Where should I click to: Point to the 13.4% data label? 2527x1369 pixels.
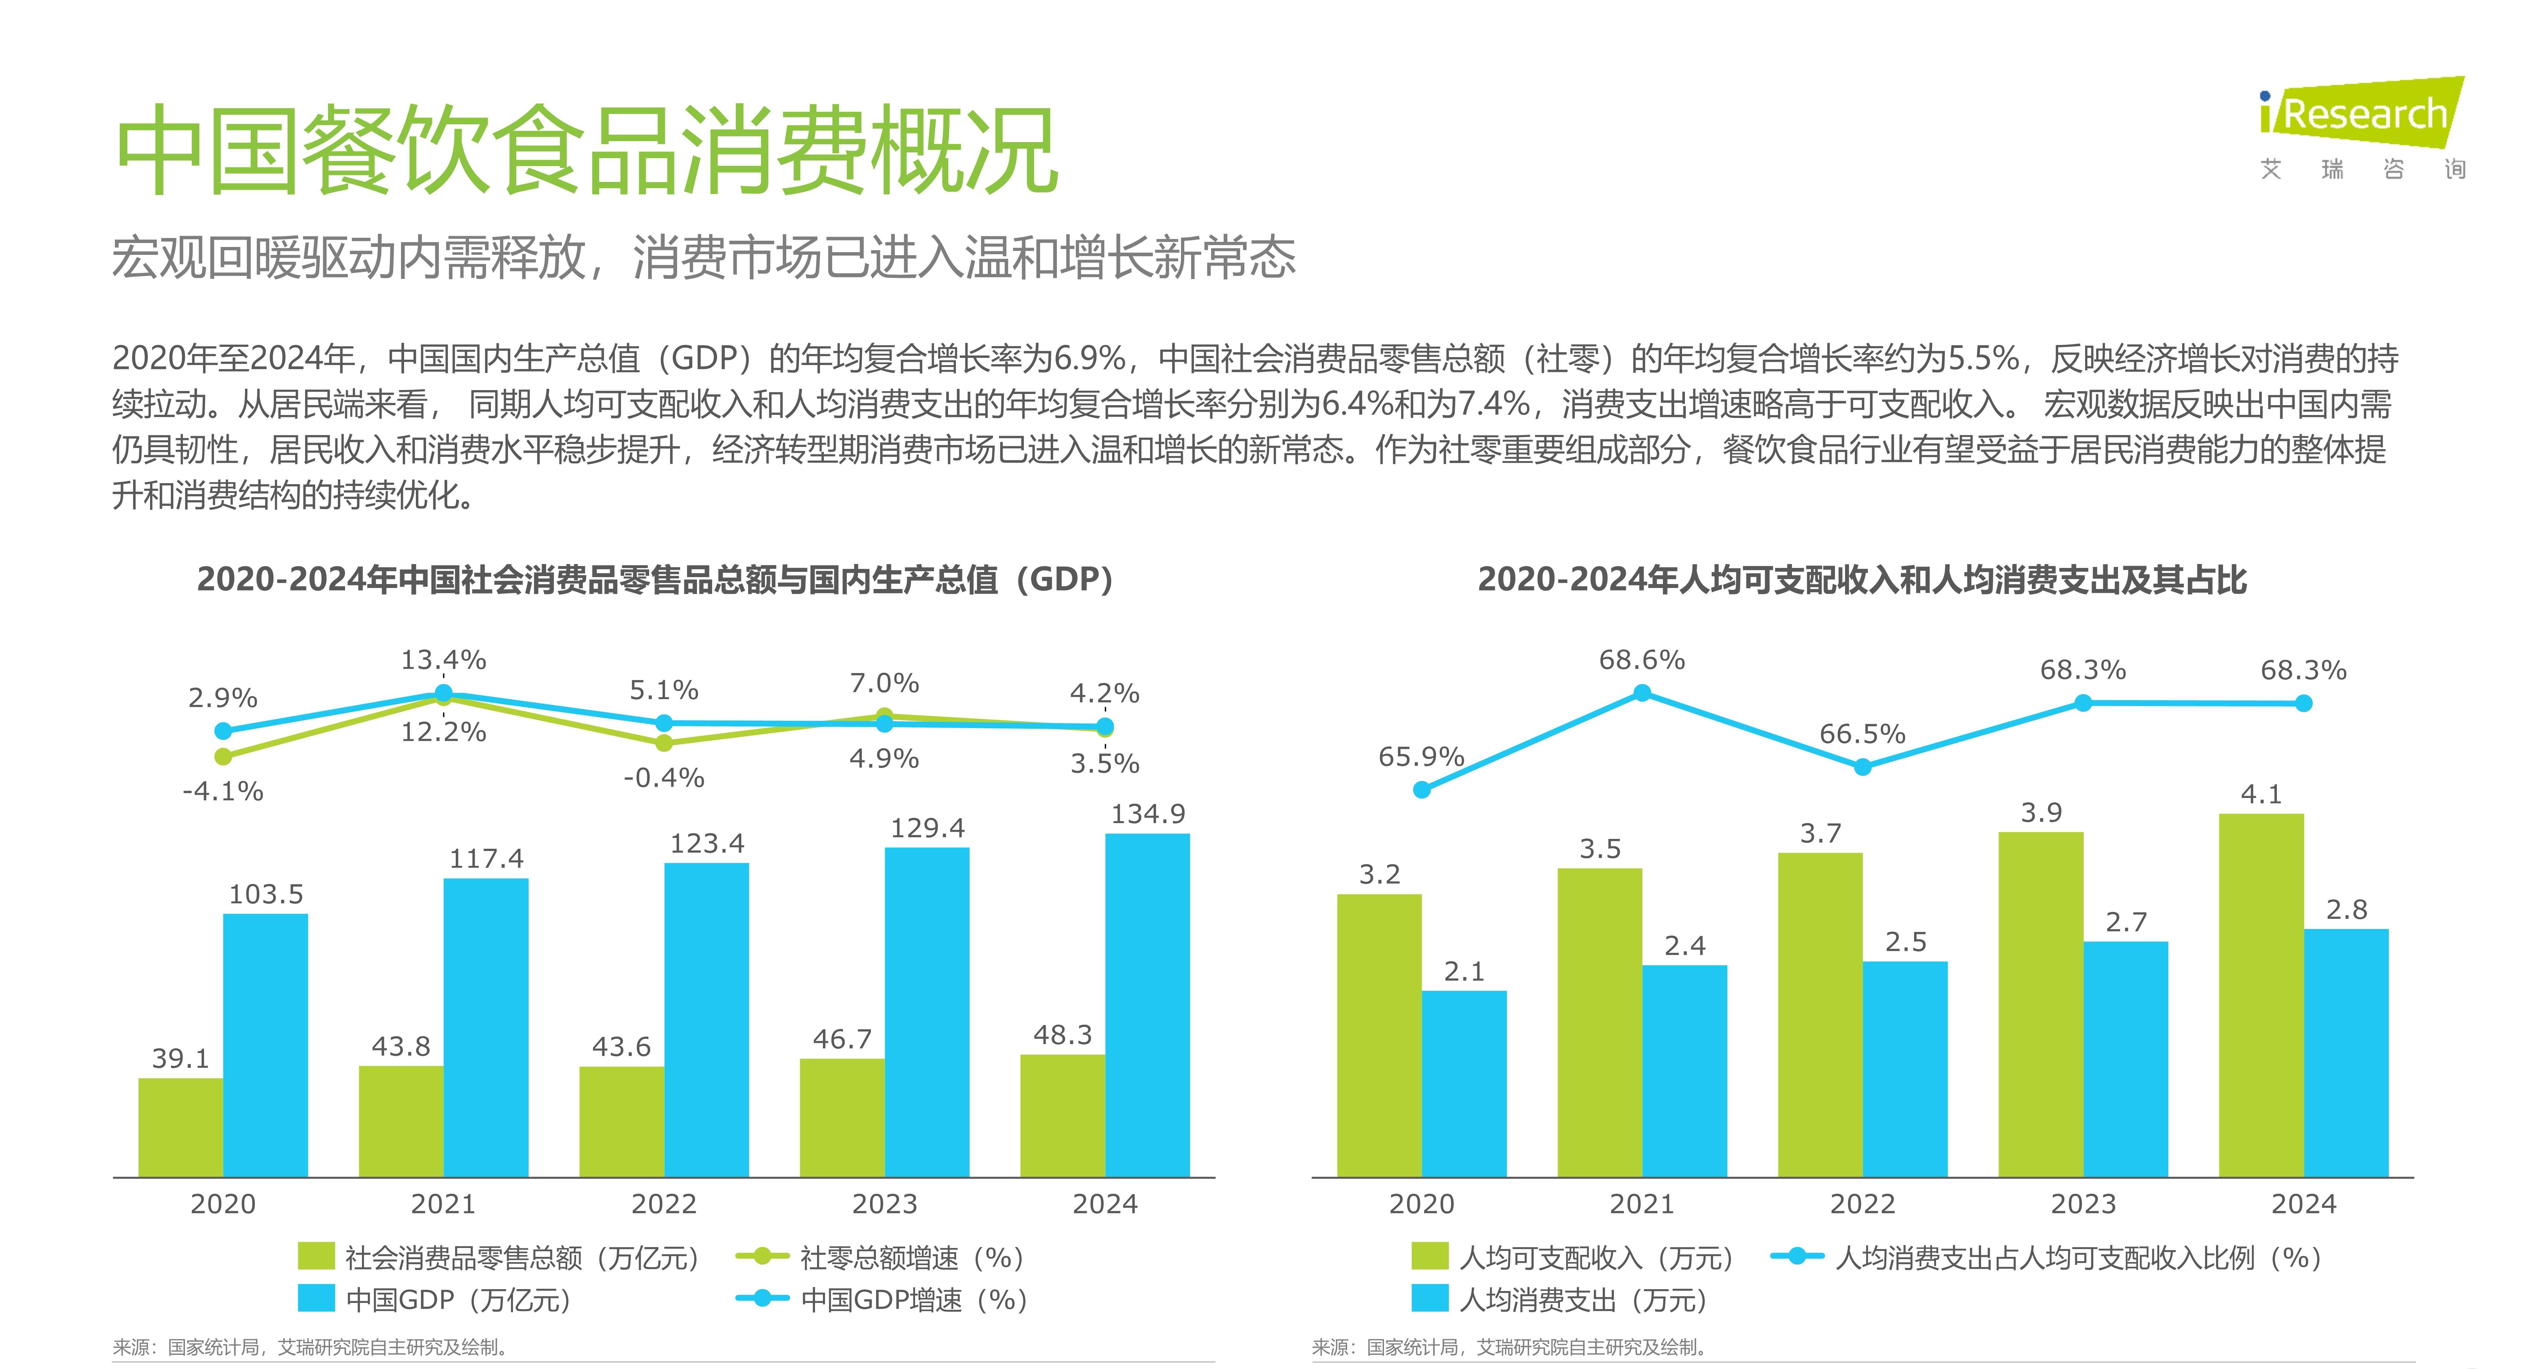[x=444, y=660]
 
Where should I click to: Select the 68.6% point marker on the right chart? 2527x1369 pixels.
[x=1642, y=693]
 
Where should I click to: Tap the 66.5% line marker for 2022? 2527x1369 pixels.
[x=1863, y=767]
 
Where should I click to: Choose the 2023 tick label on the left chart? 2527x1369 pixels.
[x=884, y=1204]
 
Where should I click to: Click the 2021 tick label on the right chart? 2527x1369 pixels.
[x=1642, y=1204]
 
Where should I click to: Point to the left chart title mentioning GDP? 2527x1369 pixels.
[x=655, y=579]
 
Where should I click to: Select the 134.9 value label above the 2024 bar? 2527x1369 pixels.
[x=1148, y=814]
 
